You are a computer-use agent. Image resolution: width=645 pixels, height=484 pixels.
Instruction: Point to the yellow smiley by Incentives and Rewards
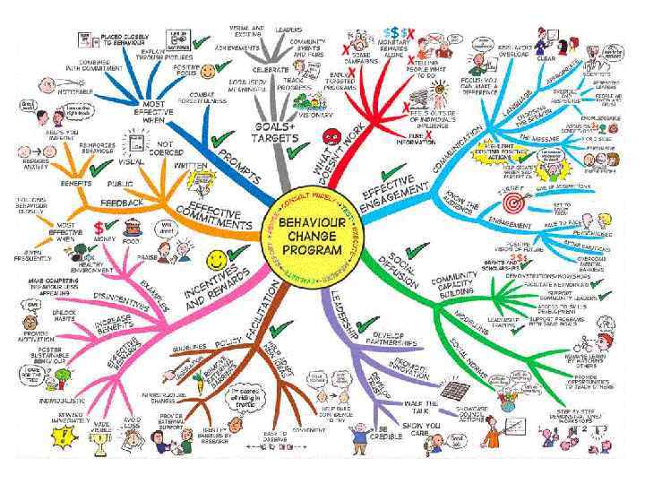pos(216,260)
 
